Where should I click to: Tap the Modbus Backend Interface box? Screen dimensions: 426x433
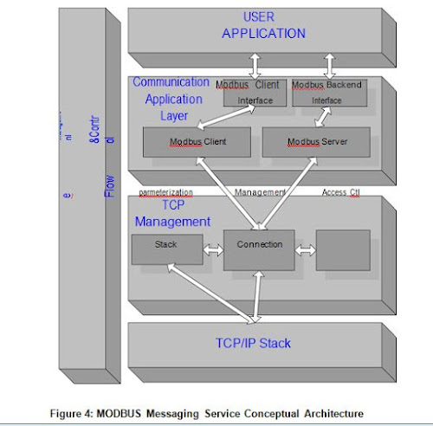[326, 94]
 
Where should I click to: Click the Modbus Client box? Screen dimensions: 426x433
[197, 142]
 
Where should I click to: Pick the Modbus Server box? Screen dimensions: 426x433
[316, 142]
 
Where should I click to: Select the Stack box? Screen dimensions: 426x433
[166, 249]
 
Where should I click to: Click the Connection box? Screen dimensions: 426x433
[259, 250]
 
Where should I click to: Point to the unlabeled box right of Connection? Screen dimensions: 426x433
[343, 250]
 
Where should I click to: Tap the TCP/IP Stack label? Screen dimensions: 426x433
[253, 343]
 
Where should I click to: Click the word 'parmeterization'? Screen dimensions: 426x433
[165, 192]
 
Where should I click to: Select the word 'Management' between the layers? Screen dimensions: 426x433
[260, 192]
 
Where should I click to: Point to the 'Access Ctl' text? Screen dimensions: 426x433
[340, 192]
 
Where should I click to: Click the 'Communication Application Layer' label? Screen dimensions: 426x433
[171, 98]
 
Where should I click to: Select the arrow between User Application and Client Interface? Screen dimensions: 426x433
[255, 66]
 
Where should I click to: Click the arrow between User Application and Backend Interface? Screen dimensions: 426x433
[328, 66]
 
